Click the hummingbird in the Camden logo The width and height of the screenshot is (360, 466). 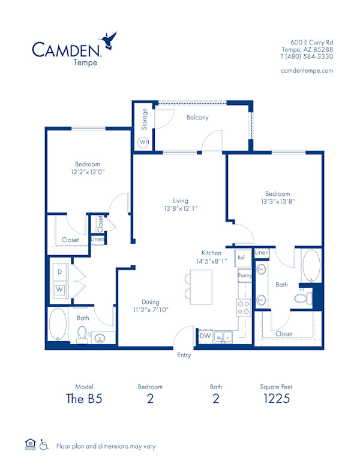coord(109,40)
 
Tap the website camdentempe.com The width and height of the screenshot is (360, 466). coord(307,70)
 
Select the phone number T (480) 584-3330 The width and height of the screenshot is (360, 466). coord(307,56)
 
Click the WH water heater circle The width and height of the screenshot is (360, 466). coord(143,142)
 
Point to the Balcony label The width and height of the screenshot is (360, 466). coord(197,117)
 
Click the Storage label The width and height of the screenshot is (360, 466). coord(145,120)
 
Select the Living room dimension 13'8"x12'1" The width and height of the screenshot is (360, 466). coord(180,208)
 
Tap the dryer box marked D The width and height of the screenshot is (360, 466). coord(59,272)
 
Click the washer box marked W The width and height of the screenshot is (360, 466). coord(59,289)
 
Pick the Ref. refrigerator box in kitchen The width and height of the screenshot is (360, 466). coord(242,258)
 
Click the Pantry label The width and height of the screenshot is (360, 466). coord(244,276)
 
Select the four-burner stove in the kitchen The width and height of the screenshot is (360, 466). coord(244,307)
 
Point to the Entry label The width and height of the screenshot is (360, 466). coord(184,355)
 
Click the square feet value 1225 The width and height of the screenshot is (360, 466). coord(278,399)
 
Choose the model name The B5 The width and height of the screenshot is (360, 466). coord(85,399)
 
